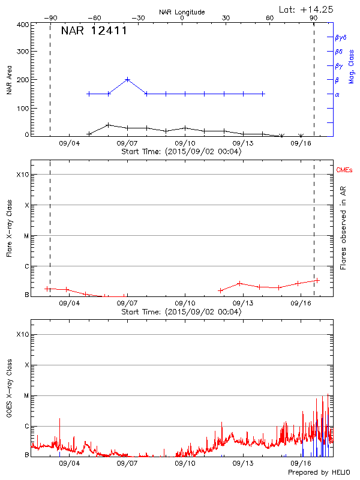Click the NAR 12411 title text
click(94, 31)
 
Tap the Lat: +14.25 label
click(307, 9)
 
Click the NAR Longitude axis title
click(182, 11)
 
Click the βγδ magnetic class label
click(340, 37)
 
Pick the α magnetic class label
click(337, 94)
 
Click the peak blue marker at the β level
click(128, 79)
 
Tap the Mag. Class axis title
click(351, 66)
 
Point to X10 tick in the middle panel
click(23, 175)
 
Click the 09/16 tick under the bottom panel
click(301, 464)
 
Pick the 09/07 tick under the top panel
click(127, 143)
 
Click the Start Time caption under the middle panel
click(181, 312)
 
